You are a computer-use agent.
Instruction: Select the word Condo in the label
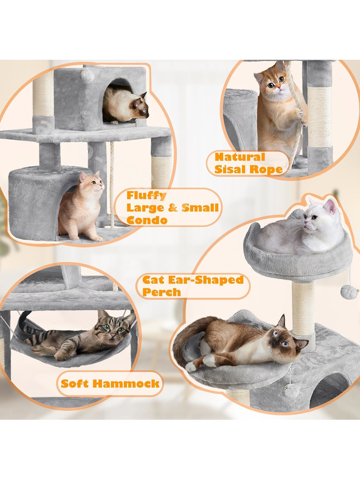click(x=147, y=220)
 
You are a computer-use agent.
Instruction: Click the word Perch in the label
click(x=161, y=292)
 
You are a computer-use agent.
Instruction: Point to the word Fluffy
click(x=146, y=196)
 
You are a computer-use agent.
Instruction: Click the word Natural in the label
click(x=239, y=157)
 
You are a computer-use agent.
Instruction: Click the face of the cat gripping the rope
click(x=274, y=84)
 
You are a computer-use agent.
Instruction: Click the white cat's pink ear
click(x=330, y=206)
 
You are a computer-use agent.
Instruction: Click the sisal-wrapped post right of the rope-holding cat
click(x=320, y=117)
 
